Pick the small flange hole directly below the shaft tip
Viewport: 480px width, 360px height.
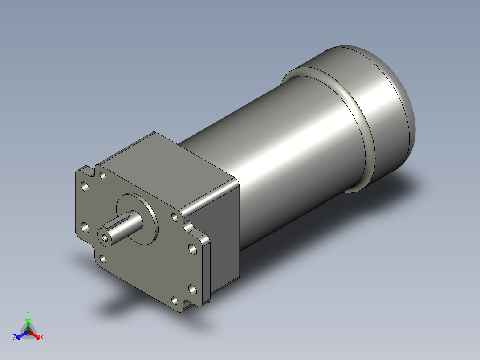point(103,258)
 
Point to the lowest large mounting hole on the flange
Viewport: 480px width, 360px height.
point(192,290)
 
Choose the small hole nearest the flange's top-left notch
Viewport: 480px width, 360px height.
point(103,176)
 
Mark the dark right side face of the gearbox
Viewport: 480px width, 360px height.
point(225,241)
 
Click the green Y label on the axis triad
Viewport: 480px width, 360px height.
point(28,313)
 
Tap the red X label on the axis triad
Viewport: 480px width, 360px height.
point(41,338)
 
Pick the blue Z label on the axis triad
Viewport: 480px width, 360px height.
point(15,338)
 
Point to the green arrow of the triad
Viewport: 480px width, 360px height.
point(28,322)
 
